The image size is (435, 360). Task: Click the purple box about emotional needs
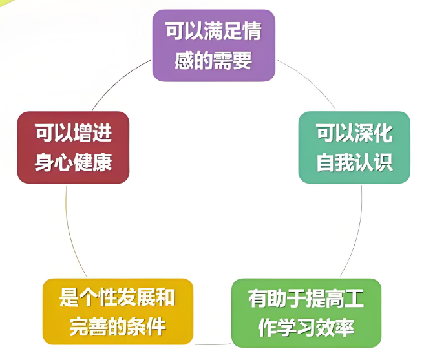pyautogui.click(x=213, y=45)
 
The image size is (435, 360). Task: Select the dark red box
pyautogui.click(x=73, y=147)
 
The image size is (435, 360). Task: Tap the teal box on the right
pyautogui.click(x=354, y=147)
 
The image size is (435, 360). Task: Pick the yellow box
pyautogui.click(x=118, y=312)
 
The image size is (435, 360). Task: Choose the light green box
pyautogui.click(x=306, y=313)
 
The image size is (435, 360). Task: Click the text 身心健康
pyautogui.click(x=73, y=162)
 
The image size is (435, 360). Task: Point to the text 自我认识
pyautogui.click(x=355, y=162)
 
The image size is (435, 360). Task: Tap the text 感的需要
pyautogui.click(x=213, y=60)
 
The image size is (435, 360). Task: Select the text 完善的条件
pyautogui.click(x=118, y=326)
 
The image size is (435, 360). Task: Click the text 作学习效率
pyautogui.click(x=306, y=327)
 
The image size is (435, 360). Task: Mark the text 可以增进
pyautogui.click(x=73, y=132)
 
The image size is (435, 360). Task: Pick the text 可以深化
pyautogui.click(x=355, y=133)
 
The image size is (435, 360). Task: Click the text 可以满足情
pyautogui.click(x=213, y=31)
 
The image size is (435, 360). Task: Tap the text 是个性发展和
pyautogui.click(x=117, y=297)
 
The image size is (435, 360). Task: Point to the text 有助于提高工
pyautogui.click(x=306, y=298)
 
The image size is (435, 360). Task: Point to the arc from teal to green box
pyautogui.click(x=357, y=233)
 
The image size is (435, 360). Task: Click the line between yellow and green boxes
pyautogui.click(x=213, y=344)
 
